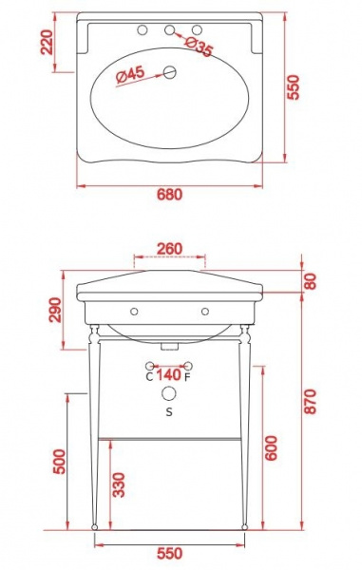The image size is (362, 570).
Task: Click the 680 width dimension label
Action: [x=169, y=195]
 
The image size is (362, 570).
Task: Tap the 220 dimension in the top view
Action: [x=48, y=42]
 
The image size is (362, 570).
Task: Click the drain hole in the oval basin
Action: [x=169, y=73]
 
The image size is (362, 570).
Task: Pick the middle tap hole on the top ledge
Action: [x=169, y=29]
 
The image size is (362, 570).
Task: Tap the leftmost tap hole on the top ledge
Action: [x=143, y=29]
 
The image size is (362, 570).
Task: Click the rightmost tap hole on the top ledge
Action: [x=197, y=29]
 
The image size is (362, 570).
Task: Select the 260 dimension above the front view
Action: [x=169, y=249]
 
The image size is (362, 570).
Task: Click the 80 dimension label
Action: [x=310, y=281]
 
